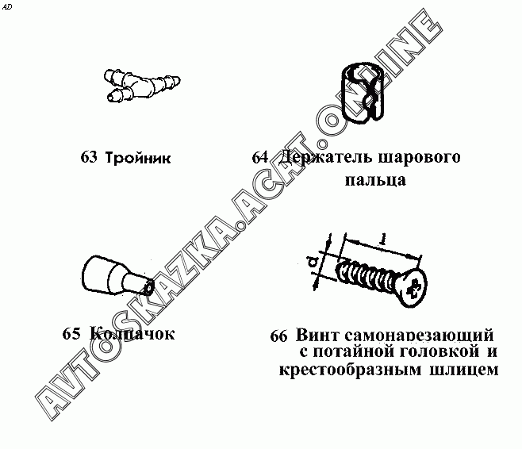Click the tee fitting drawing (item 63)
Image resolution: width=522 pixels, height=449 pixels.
(141, 85)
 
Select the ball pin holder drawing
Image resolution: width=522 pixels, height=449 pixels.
(363, 92)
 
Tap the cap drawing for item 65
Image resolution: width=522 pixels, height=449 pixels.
(117, 275)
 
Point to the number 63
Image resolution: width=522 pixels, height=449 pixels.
(89, 157)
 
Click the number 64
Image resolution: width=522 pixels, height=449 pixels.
(260, 157)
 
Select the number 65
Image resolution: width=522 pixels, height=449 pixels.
(71, 333)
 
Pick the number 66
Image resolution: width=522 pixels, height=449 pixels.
(278, 336)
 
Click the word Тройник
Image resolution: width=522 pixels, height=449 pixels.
(138, 157)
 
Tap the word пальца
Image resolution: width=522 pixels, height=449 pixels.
(375, 180)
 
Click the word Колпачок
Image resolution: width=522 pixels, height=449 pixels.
(132, 333)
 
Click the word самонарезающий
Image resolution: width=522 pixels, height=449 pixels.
(419, 336)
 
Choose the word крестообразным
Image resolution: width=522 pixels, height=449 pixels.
(350, 370)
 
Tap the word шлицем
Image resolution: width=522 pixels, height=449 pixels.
(464, 370)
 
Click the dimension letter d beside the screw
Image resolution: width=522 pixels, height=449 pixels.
(313, 263)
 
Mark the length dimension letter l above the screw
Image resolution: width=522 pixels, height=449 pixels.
(384, 239)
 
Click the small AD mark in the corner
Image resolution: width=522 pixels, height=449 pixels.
(6, 7)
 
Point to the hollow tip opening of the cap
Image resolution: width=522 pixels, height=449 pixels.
(148, 287)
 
